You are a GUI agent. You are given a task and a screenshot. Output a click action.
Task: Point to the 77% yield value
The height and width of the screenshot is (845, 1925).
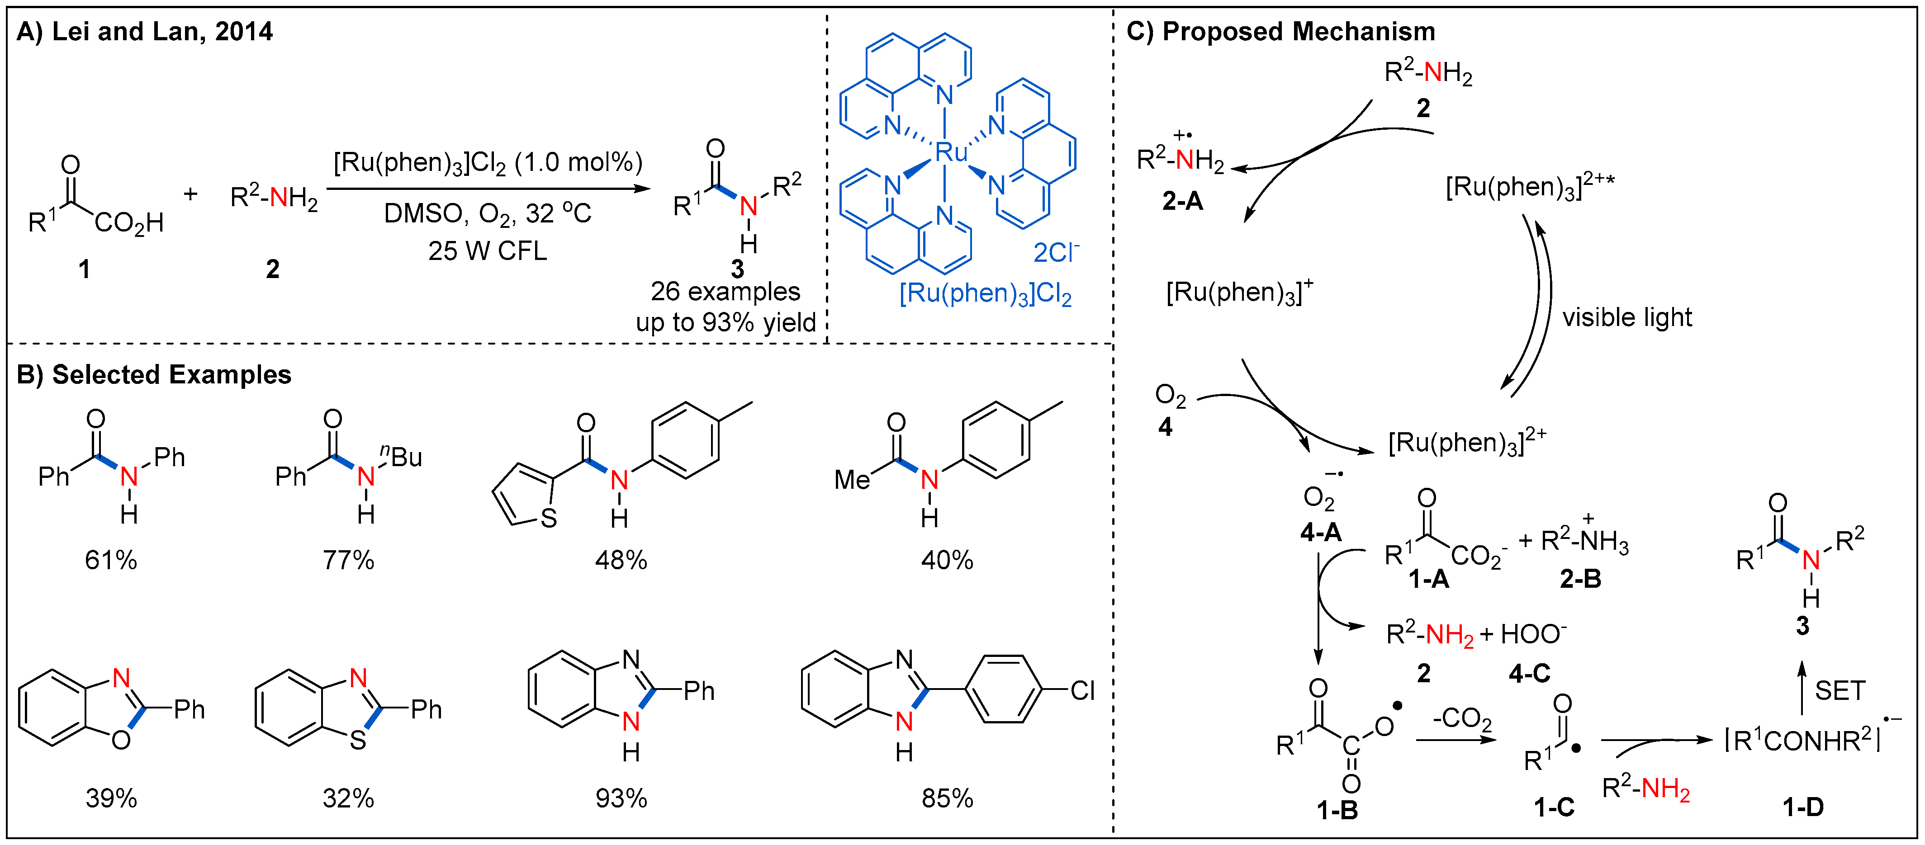pyautogui.click(x=348, y=560)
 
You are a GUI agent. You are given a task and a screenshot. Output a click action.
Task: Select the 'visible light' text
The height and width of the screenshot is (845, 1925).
pyautogui.click(x=1627, y=317)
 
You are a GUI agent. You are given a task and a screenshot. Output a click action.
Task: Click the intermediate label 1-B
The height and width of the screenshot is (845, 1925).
pyautogui.click(x=1337, y=810)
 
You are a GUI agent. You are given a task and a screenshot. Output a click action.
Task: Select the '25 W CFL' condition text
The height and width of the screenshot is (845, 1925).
pyautogui.click(x=487, y=251)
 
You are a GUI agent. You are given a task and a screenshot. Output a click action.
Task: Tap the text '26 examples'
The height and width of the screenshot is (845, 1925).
pyautogui.click(x=725, y=291)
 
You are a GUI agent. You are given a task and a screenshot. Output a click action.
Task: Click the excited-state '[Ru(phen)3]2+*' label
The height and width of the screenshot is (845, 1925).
pyautogui.click(x=1529, y=187)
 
